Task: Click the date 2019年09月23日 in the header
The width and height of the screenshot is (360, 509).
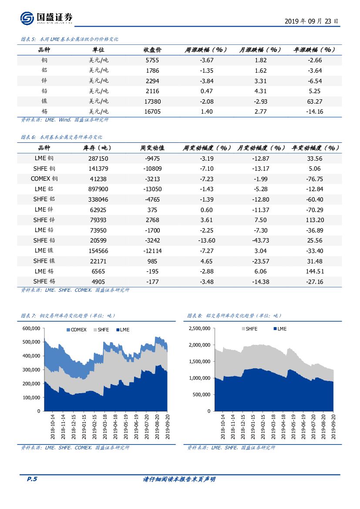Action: [x=311, y=21]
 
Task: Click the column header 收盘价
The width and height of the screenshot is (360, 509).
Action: [x=152, y=50]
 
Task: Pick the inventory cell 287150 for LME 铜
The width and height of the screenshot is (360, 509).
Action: [x=98, y=158]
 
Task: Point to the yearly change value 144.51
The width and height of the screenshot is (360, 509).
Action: [x=315, y=271]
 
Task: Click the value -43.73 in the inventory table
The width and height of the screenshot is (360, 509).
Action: [x=261, y=240]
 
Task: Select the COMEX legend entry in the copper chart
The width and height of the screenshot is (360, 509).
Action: [x=76, y=330]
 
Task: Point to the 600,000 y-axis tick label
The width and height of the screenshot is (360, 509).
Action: [x=31, y=328]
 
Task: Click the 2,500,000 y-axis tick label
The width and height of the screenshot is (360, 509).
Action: [x=199, y=328]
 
